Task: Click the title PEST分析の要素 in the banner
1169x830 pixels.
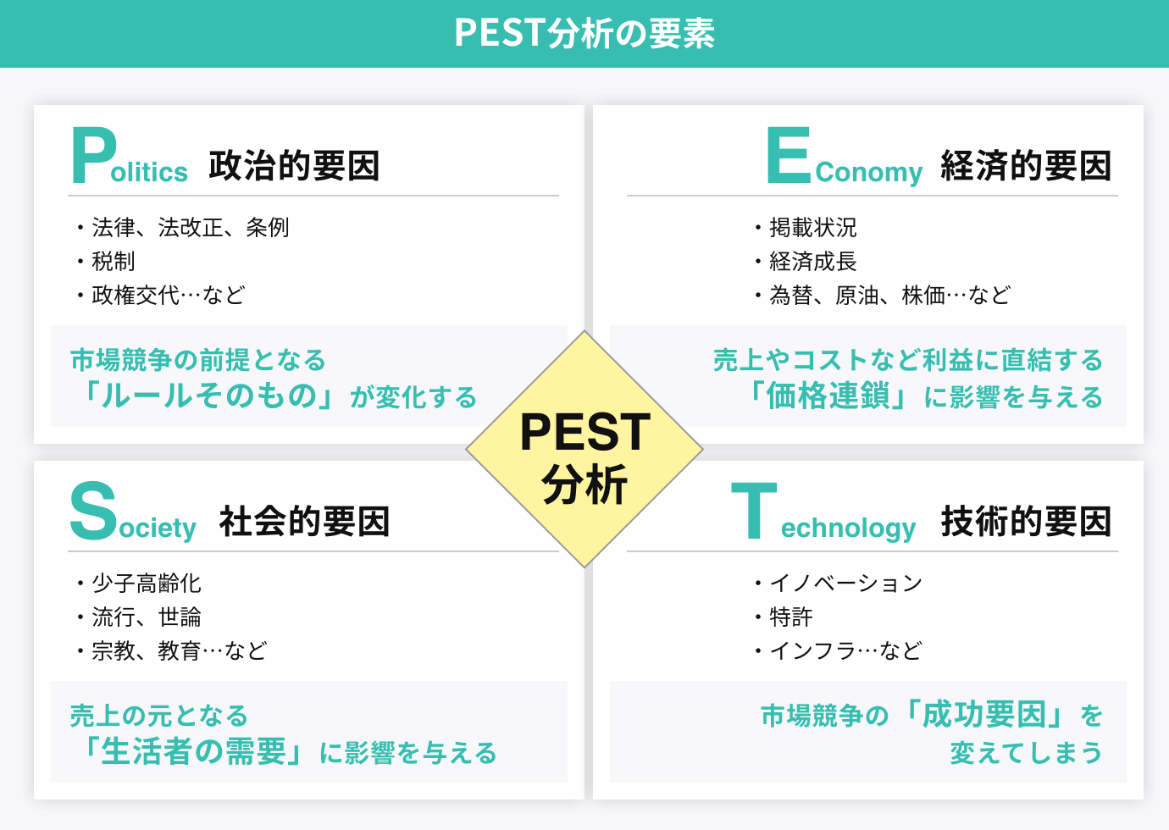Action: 584,33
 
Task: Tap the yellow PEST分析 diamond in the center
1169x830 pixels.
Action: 584,449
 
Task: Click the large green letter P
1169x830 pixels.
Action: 92,156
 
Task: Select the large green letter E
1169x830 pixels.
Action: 788,156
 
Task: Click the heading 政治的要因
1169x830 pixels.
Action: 294,166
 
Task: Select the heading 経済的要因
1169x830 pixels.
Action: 1026,166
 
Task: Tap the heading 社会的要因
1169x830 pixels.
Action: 304,522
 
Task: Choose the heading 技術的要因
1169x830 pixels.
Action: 1026,522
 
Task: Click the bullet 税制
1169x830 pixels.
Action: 114,262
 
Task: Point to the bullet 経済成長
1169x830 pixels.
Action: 813,262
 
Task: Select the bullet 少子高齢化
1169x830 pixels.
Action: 147,584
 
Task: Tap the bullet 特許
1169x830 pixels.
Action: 791,617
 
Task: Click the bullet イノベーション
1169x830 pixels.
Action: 845,584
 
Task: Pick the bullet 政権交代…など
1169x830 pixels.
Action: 169,296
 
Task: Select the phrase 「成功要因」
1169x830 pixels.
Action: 984,715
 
